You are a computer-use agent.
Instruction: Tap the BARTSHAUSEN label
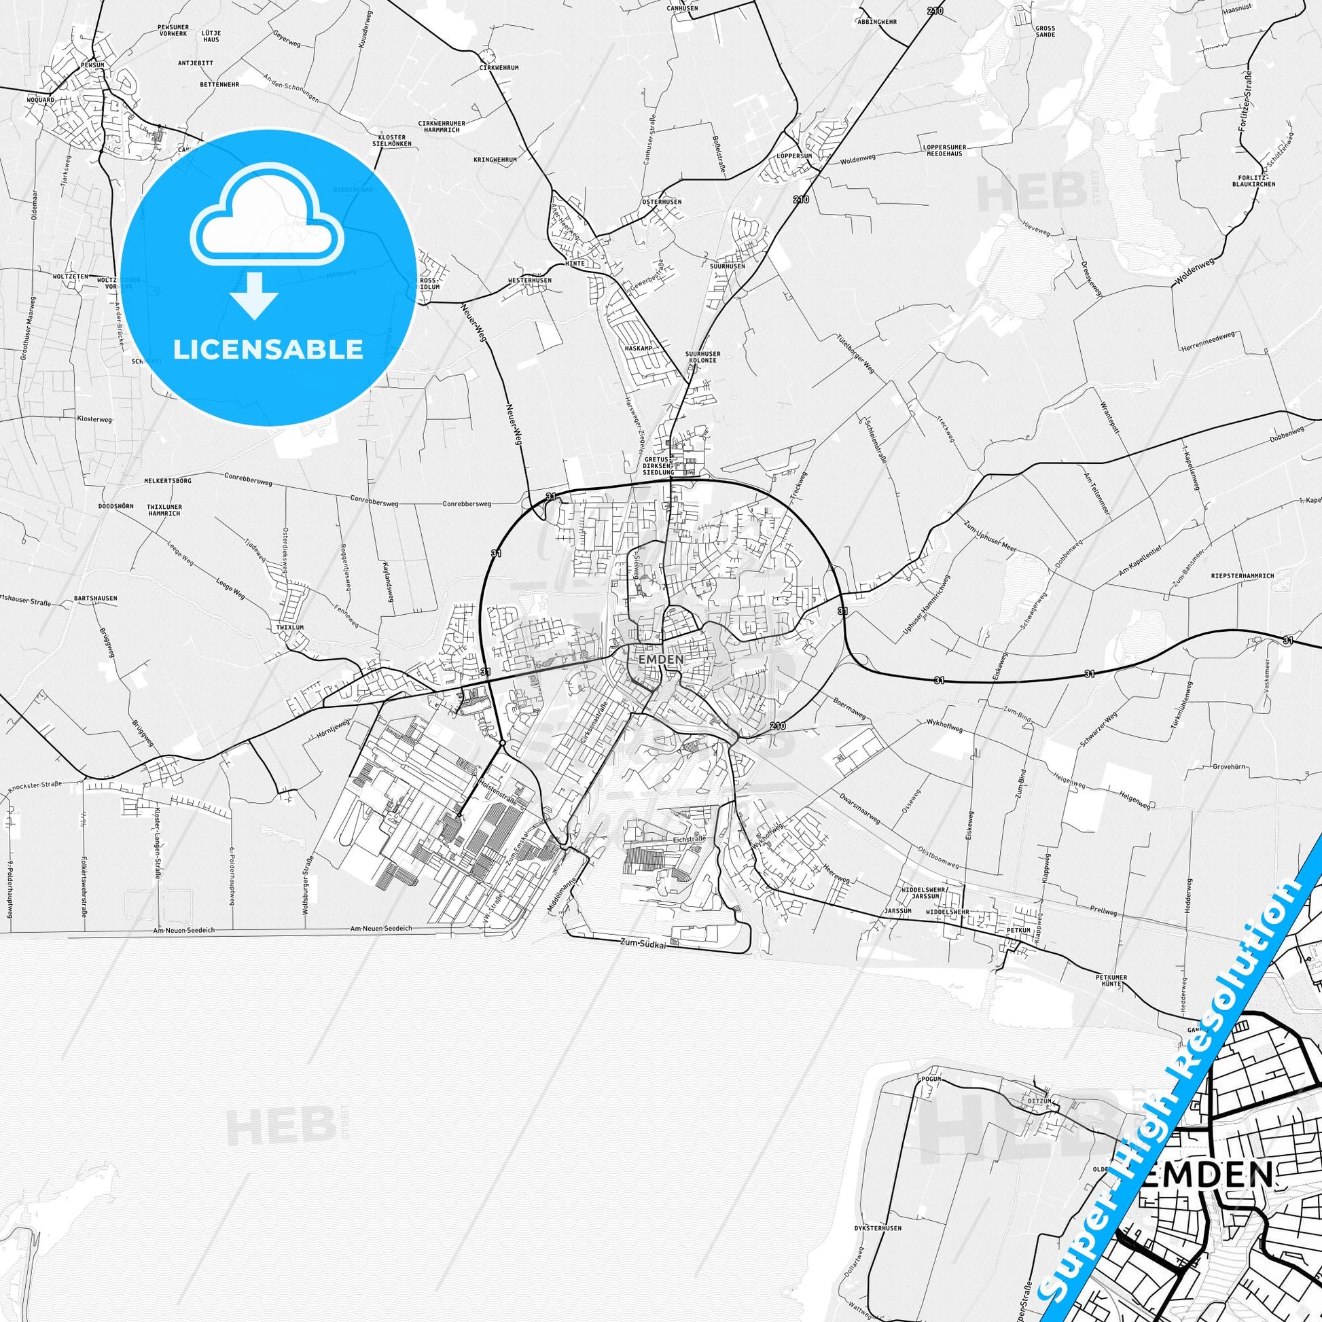(x=95, y=597)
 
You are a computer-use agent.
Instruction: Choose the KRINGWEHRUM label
(x=495, y=160)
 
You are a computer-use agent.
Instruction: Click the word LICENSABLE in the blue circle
(x=268, y=350)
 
